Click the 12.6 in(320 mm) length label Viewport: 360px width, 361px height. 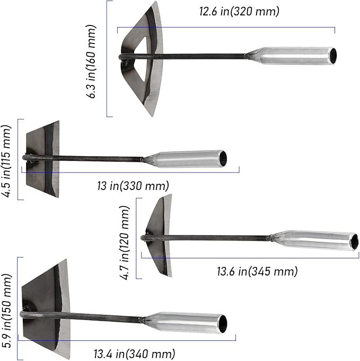click(x=239, y=11)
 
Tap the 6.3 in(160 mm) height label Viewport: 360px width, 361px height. click(x=91, y=62)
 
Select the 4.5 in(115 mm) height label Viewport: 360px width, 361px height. click(x=6, y=161)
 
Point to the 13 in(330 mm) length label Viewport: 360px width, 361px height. click(x=133, y=186)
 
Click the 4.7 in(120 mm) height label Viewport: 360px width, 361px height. click(x=125, y=243)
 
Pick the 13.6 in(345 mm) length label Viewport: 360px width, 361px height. click(x=257, y=271)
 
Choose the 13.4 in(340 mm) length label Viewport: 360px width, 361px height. click(x=135, y=354)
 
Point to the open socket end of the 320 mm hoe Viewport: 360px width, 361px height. click(x=333, y=55)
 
